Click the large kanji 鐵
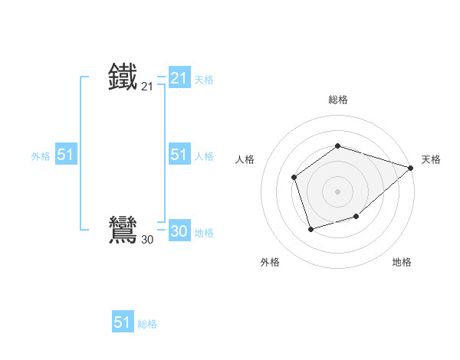coord(123,77)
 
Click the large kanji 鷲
coord(123,230)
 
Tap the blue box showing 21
coord(179,77)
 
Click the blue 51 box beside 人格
coord(179,155)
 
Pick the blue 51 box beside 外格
coord(65,155)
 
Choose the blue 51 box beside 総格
coord(123,322)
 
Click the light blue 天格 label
coord(204,79)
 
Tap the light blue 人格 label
coord(204,156)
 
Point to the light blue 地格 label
coord(204,233)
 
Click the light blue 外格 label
coord(41,156)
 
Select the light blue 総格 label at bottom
coord(147,324)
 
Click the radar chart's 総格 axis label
coord(338,100)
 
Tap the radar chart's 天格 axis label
coord(431,159)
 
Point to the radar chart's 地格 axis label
coord(402,263)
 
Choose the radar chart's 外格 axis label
coord(270,263)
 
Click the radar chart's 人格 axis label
coord(245,159)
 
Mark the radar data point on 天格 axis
coord(411,168)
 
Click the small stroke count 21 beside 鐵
coord(147,87)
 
